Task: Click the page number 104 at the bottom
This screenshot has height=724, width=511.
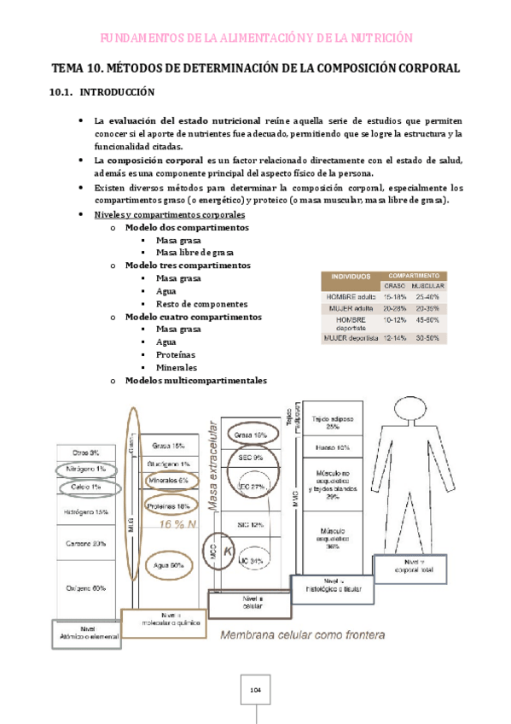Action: coord(255,690)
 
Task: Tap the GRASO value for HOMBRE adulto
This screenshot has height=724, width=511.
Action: coord(393,295)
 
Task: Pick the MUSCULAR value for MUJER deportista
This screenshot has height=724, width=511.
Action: coord(427,338)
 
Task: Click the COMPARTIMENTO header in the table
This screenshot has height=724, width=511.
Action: coord(413,275)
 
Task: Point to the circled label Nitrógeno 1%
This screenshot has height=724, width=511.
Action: coord(89,470)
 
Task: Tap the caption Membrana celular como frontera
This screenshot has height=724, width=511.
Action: coord(303,634)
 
